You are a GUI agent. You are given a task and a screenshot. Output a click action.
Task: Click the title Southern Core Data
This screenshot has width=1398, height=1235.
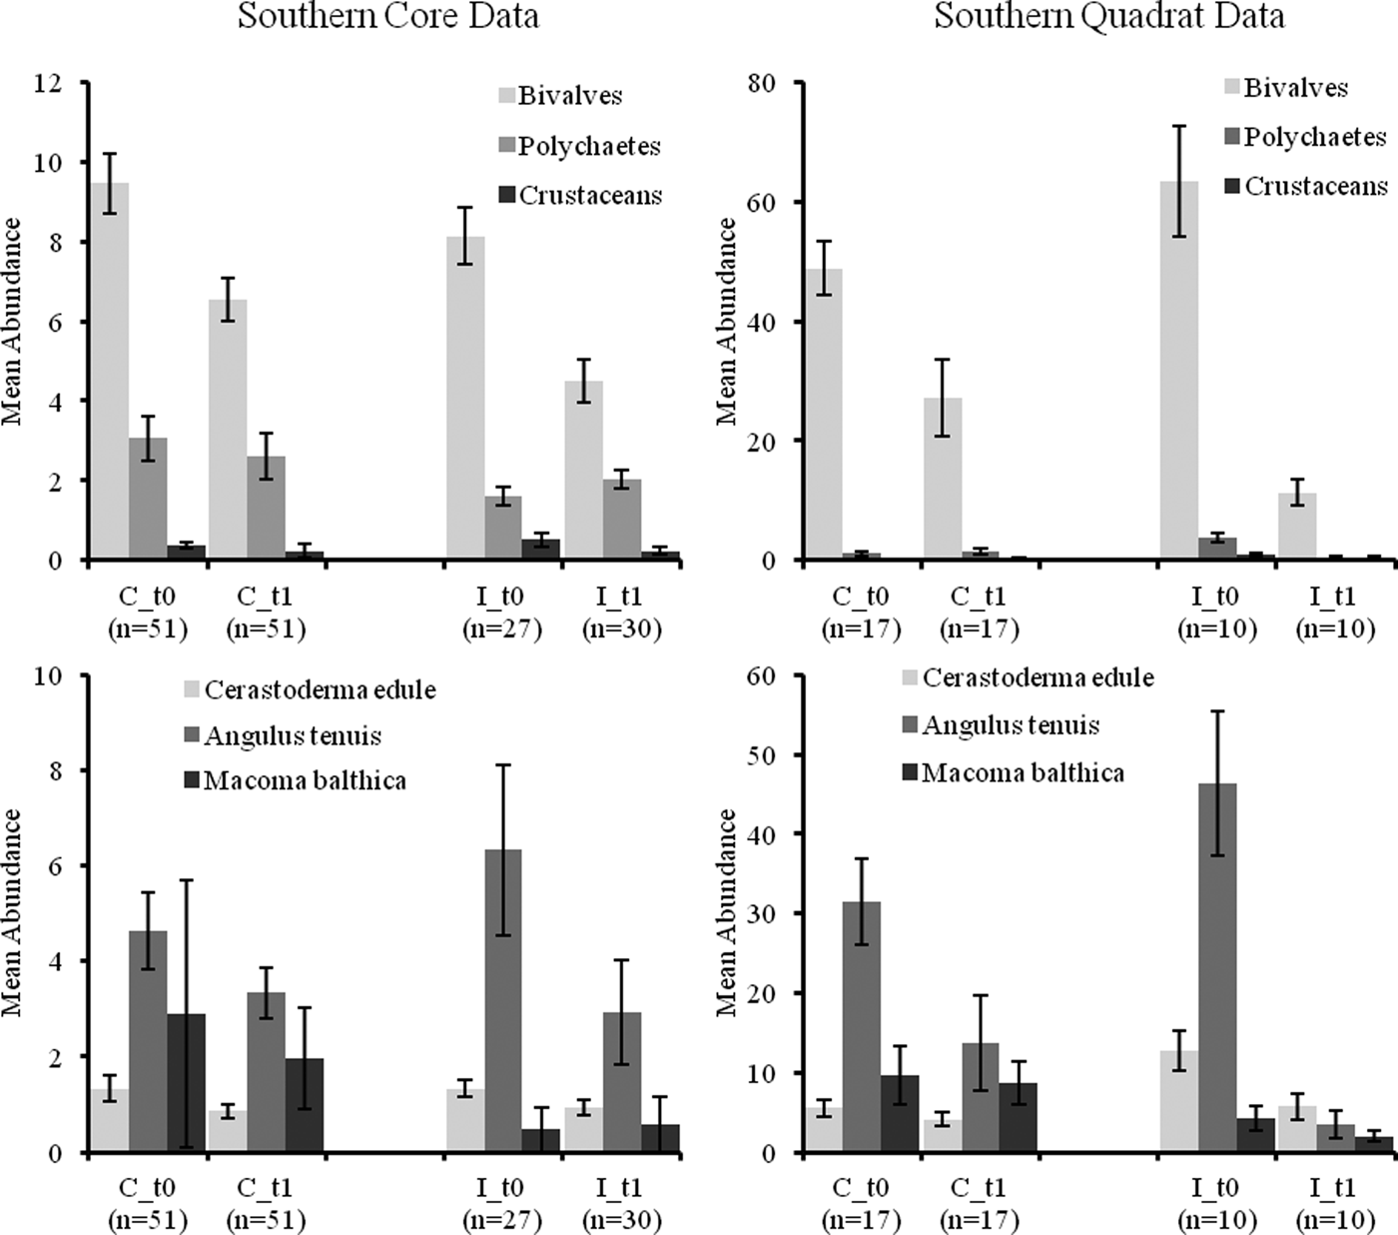(x=387, y=17)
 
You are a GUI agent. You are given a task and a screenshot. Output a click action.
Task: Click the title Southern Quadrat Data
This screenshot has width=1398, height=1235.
(x=1108, y=17)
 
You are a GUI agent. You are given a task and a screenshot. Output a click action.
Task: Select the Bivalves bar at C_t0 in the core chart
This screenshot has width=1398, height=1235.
(x=110, y=370)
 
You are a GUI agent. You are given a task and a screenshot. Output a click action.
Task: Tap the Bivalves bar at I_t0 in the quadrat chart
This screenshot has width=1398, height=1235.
(x=1178, y=370)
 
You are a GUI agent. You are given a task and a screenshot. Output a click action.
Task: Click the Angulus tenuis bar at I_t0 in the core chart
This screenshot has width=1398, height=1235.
(x=503, y=999)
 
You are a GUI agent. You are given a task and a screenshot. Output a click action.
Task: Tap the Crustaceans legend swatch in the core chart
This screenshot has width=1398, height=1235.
(x=507, y=196)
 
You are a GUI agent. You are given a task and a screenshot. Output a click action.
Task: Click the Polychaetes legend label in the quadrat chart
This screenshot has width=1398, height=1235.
(x=1315, y=137)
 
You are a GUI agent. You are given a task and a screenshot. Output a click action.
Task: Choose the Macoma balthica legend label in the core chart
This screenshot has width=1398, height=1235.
(x=305, y=780)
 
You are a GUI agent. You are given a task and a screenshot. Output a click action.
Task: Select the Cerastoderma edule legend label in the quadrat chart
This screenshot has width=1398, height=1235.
(x=1038, y=678)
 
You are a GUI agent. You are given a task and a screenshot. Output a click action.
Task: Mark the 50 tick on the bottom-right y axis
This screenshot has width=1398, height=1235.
(x=762, y=754)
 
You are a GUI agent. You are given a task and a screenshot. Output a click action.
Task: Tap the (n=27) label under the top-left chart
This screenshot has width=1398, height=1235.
(x=502, y=629)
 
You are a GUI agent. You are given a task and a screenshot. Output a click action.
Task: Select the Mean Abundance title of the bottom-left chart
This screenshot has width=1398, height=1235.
(x=13, y=912)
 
